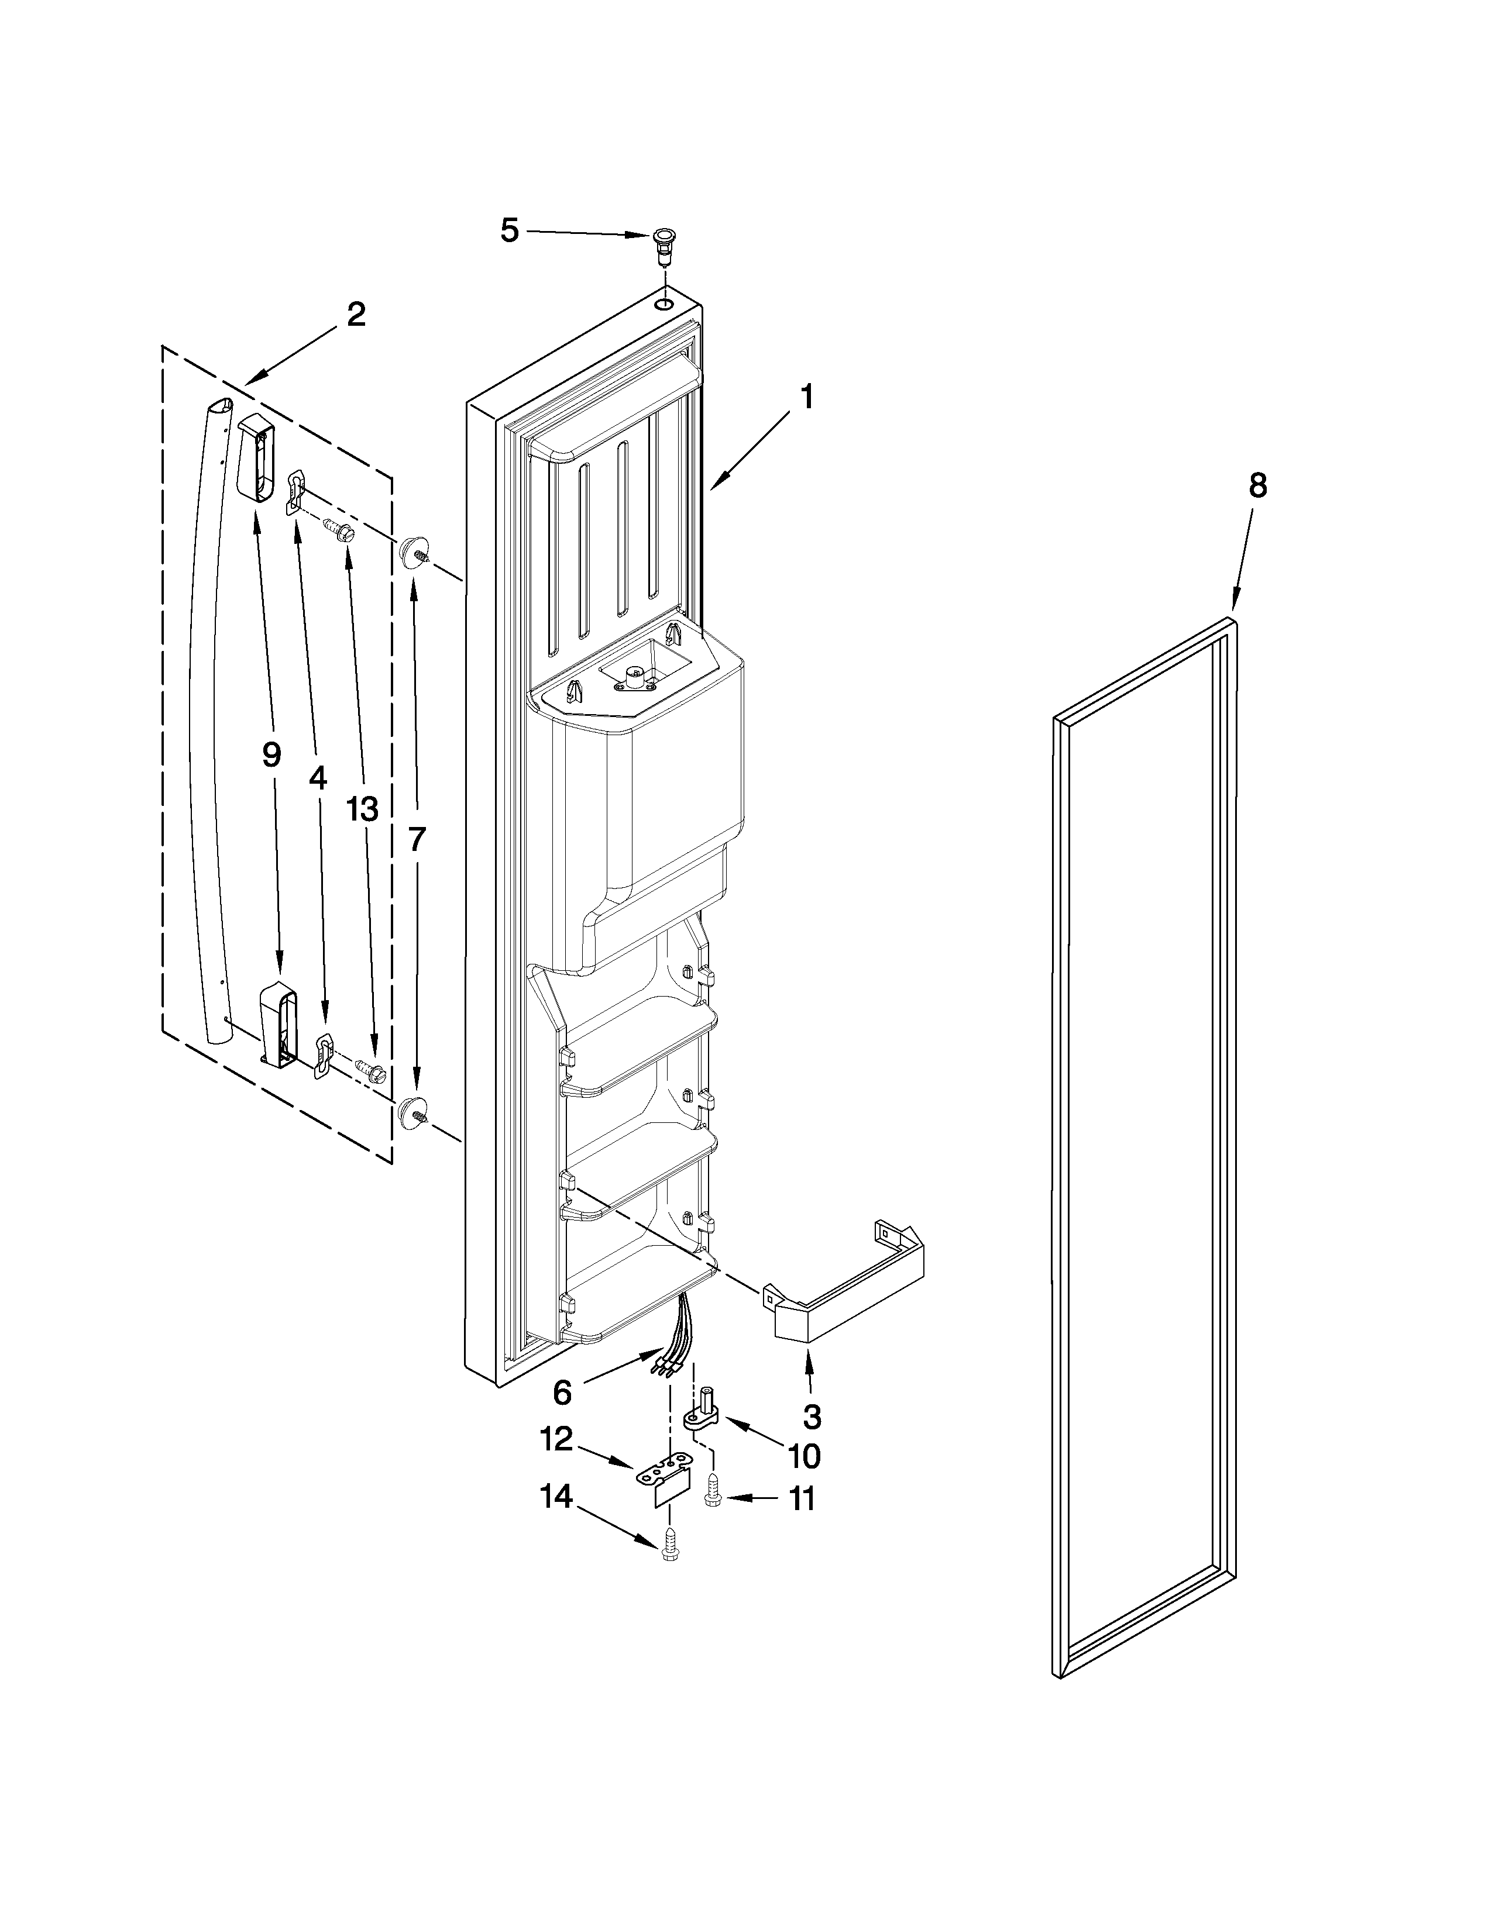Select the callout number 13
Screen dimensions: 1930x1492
pos(362,809)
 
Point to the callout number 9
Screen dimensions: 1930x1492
pos(271,754)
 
